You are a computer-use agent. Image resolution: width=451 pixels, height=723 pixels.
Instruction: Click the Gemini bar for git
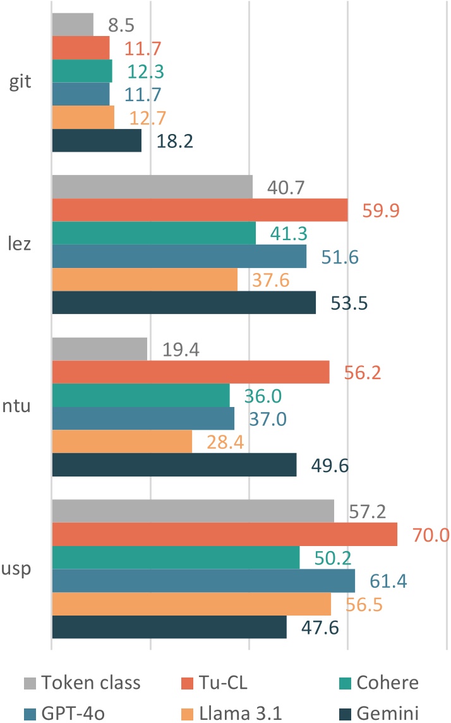tap(96, 140)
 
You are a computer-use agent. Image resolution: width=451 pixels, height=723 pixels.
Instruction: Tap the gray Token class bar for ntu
tap(99, 348)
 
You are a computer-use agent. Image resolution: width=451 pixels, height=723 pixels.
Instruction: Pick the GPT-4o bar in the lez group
tap(179, 256)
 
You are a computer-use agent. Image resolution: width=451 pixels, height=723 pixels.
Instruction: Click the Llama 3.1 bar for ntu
tap(121, 442)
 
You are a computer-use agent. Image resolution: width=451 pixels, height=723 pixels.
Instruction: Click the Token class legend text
tap(90, 682)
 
